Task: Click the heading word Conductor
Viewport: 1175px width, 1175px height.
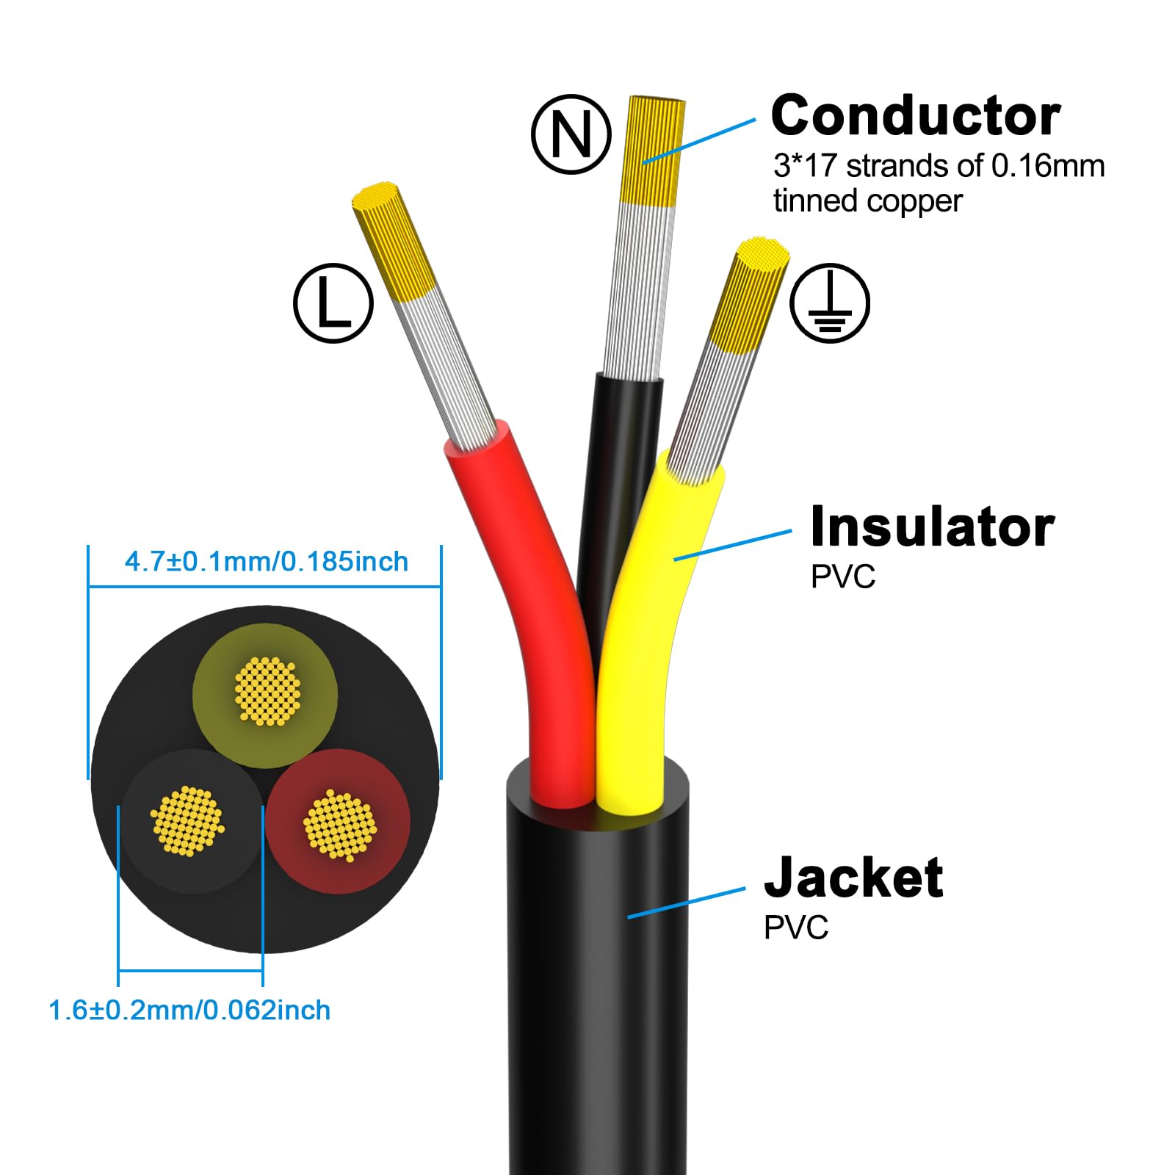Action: coord(916,116)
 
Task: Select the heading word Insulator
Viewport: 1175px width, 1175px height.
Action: coord(932,527)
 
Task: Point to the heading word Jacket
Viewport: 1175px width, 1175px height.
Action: coord(853,878)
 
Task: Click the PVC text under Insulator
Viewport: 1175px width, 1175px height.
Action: coord(843,577)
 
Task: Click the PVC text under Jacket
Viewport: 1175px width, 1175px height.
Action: coord(796,928)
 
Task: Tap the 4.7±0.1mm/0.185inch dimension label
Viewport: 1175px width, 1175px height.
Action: coord(266,562)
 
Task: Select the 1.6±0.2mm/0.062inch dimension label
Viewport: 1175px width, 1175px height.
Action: coord(189,1010)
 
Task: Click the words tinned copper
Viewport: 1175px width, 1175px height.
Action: coord(867,201)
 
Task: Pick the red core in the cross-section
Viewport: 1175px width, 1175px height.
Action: coord(338,821)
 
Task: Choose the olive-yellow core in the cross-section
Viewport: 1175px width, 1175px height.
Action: coord(265,695)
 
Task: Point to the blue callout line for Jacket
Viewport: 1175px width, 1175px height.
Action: coord(686,903)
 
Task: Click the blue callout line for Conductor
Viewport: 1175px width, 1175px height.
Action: coord(698,140)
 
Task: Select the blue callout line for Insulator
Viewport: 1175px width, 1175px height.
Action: coord(733,545)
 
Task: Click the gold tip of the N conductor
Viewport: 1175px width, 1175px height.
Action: coord(652,151)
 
